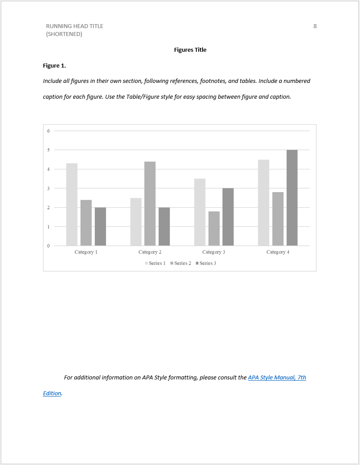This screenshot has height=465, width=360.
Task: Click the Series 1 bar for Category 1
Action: [72, 204]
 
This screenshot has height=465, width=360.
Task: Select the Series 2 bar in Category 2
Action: [150, 204]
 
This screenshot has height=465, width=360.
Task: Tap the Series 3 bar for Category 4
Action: [292, 198]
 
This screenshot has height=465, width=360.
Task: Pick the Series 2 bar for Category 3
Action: [214, 229]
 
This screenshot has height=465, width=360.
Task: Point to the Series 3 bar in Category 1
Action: [100, 226]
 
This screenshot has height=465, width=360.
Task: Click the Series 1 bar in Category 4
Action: [264, 203]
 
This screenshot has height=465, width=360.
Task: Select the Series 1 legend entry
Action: [155, 263]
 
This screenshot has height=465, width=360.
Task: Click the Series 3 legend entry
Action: [206, 263]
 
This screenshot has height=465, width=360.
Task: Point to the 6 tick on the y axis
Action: [49, 131]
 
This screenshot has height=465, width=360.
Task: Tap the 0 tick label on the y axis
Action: [49, 246]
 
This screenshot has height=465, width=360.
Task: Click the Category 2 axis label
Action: [150, 252]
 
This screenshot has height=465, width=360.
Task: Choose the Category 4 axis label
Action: [278, 252]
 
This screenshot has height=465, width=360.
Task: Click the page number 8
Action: [315, 26]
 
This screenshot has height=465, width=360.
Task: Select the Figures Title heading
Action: [190, 50]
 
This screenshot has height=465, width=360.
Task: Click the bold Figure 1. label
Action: [54, 66]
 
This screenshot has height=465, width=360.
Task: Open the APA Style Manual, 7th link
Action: [277, 378]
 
